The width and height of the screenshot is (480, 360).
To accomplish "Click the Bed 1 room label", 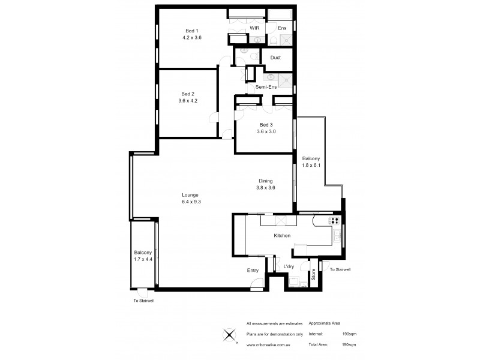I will coord(192,31).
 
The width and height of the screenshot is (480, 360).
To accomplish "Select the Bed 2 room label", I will coord(188,94).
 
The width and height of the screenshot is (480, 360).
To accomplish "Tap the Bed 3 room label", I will coord(265,125).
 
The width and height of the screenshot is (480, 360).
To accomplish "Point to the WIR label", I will coord(254,28).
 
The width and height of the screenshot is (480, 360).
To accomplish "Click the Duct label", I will coord(275,58).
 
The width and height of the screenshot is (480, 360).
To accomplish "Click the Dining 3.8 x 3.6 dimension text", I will coord(265,187).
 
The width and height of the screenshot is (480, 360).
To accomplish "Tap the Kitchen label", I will coord(282,236).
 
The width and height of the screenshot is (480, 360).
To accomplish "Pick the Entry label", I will coord(253,271).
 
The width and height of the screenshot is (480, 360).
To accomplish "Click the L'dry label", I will coord(288,266).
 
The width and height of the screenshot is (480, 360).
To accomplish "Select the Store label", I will coord(313,275).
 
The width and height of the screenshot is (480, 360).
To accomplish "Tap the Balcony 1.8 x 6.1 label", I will coord(311,161).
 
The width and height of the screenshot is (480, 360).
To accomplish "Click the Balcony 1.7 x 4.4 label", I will coord(143,256).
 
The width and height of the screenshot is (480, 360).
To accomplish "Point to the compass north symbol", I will coord(229,335).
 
